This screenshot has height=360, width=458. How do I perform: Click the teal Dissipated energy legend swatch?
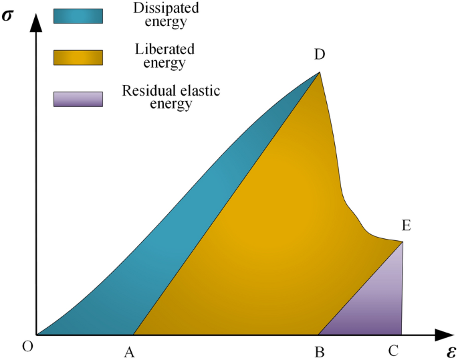click(x=78, y=16)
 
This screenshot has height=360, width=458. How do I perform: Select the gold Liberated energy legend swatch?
click(x=78, y=58)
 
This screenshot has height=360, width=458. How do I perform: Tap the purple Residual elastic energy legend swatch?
click(x=78, y=99)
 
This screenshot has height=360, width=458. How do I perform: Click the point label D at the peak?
click(x=320, y=56)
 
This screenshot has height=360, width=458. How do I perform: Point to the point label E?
click(x=406, y=226)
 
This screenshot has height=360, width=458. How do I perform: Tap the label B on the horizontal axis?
click(x=320, y=351)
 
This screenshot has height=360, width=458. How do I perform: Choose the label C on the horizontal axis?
click(x=394, y=351)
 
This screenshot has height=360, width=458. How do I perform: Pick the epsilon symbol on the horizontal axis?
click(x=451, y=351)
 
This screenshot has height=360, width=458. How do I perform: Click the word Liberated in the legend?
click(x=155, y=51)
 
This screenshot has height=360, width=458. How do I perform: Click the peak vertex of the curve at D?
click(x=320, y=72)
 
